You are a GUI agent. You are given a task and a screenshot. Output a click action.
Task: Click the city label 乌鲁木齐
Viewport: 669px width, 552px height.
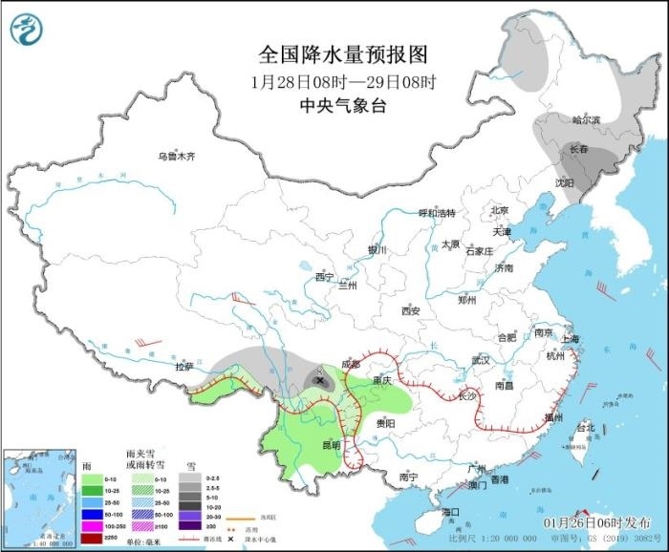coord(177,156)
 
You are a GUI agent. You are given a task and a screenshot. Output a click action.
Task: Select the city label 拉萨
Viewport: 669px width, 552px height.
coord(183,367)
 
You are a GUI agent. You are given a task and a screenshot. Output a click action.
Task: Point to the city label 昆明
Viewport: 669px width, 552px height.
coord(331,443)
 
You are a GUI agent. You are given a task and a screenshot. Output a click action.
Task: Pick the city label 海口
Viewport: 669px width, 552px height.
coord(451,513)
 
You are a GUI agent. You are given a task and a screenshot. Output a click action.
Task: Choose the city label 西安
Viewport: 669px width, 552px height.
coord(411,310)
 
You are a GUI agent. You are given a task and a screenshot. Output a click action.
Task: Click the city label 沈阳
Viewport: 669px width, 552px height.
coord(564,181)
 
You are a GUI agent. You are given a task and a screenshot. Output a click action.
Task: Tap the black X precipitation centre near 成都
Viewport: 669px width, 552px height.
coord(318,380)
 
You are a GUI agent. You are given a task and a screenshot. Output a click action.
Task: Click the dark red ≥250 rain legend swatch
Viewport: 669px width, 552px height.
coord(92,537)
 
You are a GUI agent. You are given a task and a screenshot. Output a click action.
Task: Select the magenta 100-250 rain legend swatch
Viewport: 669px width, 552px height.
coord(92,525)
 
